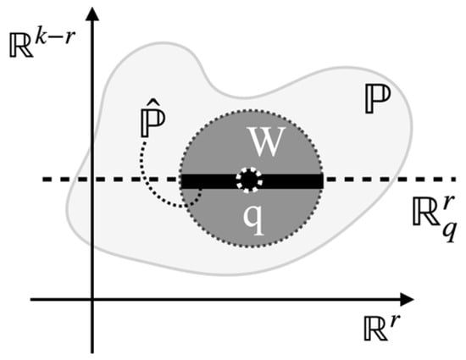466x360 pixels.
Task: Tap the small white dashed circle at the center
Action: tap(251, 180)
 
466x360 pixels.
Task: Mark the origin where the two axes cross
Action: tap(92, 299)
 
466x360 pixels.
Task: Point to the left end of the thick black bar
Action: tap(182, 181)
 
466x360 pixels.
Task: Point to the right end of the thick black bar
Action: tap(322, 181)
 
